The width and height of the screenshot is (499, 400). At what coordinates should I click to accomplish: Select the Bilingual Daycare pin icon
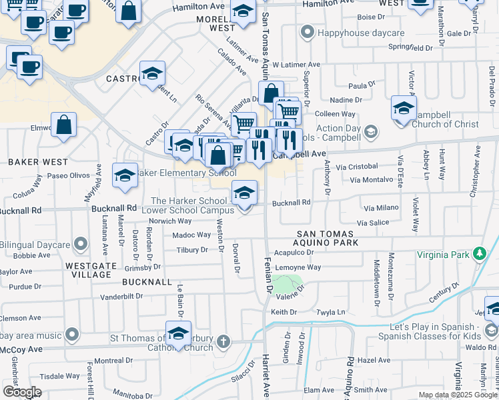tap(80, 245)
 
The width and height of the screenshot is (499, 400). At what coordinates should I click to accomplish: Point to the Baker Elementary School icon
tap(123, 176)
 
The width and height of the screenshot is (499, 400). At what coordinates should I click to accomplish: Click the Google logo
tap(22, 391)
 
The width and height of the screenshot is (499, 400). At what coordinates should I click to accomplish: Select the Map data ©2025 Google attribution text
tap(458, 394)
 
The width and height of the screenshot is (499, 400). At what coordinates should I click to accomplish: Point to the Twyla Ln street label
tap(331, 311)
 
